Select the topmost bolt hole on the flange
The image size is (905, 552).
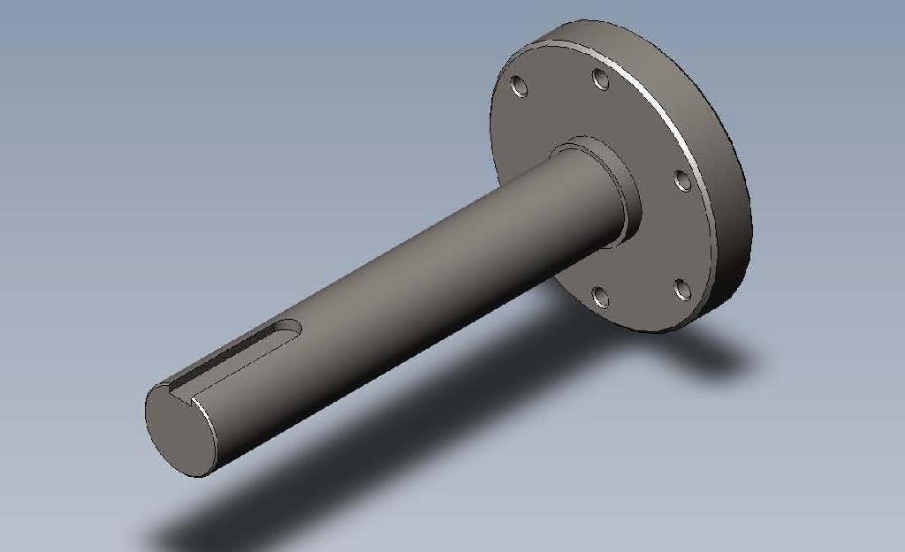(601, 79)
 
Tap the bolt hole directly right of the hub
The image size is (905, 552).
(682, 180)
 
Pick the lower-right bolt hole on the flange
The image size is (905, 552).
(681, 289)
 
